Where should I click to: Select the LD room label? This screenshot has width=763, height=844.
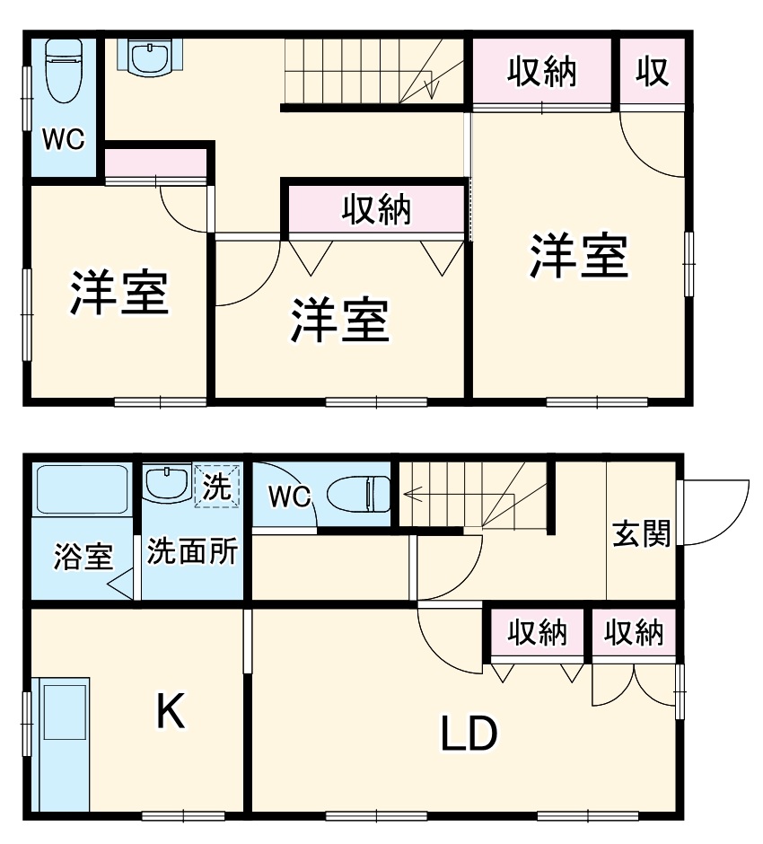468,735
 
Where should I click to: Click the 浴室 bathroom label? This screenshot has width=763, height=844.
83,557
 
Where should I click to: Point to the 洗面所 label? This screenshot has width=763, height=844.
192,550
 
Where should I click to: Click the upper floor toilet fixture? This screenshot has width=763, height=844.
63,72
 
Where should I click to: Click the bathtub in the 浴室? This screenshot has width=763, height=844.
82,489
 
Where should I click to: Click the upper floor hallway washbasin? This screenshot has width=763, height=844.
150,57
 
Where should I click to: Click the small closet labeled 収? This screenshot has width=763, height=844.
653,72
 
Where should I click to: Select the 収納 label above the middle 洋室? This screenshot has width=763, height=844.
376,209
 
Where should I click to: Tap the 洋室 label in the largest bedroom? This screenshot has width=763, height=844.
578,256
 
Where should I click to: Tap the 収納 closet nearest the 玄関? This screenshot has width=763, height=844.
634,633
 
